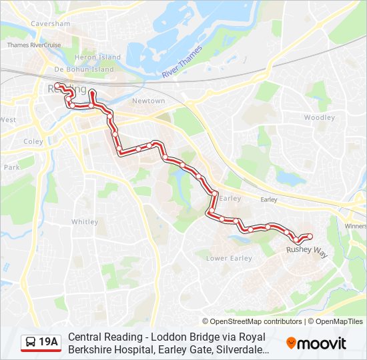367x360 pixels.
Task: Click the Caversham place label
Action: pyautogui.click(x=50, y=24)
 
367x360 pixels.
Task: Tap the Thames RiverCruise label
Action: pyautogui.click(x=33, y=45)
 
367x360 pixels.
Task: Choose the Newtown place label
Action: pyautogui.click(x=148, y=101)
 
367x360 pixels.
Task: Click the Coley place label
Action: pyautogui.click(x=33, y=141)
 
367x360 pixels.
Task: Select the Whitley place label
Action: pyautogui.click(x=85, y=222)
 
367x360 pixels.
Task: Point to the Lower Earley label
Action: pyautogui.click(x=229, y=258)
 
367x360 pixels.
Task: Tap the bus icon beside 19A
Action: pyautogui.click(x=31, y=343)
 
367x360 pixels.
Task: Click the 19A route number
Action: pyautogui.click(x=49, y=343)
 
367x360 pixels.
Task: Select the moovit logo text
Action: pyautogui.click(x=322, y=343)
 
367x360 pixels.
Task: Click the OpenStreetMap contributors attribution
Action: pyautogui.click(x=252, y=321)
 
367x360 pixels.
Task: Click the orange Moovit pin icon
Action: pyautogui.click(x=291, y=343)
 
